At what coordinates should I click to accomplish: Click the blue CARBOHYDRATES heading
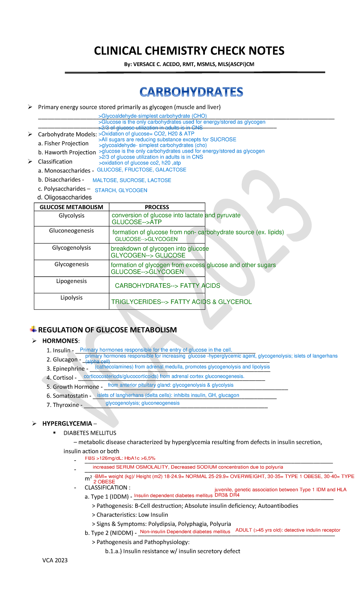pyautogui.click(x=191, y=92)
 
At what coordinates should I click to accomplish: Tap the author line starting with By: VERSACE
pyautogui.click(x=189, y=64)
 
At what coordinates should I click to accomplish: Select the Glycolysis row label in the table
pyautogui.click(x=71, y=215)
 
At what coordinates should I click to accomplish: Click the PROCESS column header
pyautogui.click(x=157, y=207)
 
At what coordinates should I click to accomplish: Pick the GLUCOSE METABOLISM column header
pyautogui.click(x=71, y=207)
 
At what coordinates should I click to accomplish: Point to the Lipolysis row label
pyautogui.click(x=71, y=297)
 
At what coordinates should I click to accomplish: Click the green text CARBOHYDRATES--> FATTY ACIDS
pyautogui.click(x=167, y=286)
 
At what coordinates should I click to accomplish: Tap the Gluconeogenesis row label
pyautogui.click(x=71, y=230)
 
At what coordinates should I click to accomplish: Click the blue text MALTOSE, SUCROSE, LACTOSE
pyautogui.click(x=132, y=180)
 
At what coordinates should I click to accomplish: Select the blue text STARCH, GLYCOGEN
pyautogui.click(x=121, y=190)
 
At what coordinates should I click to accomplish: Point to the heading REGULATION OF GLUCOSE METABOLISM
pyautogui.click(x=107, y=330)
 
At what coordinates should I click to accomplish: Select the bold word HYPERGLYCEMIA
pyautogui.click(x=67, y=423)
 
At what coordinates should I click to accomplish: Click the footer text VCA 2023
pyautogui.click(x=55, y=560)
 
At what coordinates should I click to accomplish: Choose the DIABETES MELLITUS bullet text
pyautogui.click(x=90, y=433)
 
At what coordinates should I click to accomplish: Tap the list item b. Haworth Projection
pyautogui.click(x=67, y=152)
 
